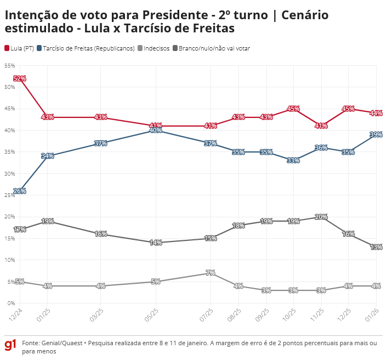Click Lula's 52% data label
20,78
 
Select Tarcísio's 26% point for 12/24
20,191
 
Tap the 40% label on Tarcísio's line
155,131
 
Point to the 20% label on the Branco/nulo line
321,217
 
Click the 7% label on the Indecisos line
210,273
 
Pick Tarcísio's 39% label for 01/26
375,134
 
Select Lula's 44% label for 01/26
375,113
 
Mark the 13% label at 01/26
375,247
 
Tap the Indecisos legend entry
157,48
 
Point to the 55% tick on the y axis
9,65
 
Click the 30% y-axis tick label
9,173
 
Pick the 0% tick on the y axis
11,303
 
